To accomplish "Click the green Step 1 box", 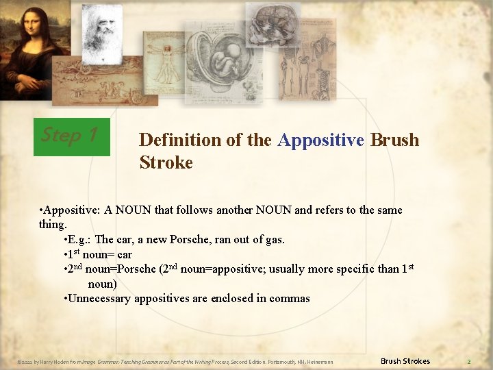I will click(71, 136).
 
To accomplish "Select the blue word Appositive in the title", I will click(320, 140).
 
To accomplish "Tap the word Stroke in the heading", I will click(166, 162).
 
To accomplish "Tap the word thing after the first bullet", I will click(53, 224).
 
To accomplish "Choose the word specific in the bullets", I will click(353, 269).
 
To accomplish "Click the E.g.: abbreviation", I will click(79, 239).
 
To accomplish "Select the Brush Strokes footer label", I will click(405, 361).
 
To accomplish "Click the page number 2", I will click(469, 361).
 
